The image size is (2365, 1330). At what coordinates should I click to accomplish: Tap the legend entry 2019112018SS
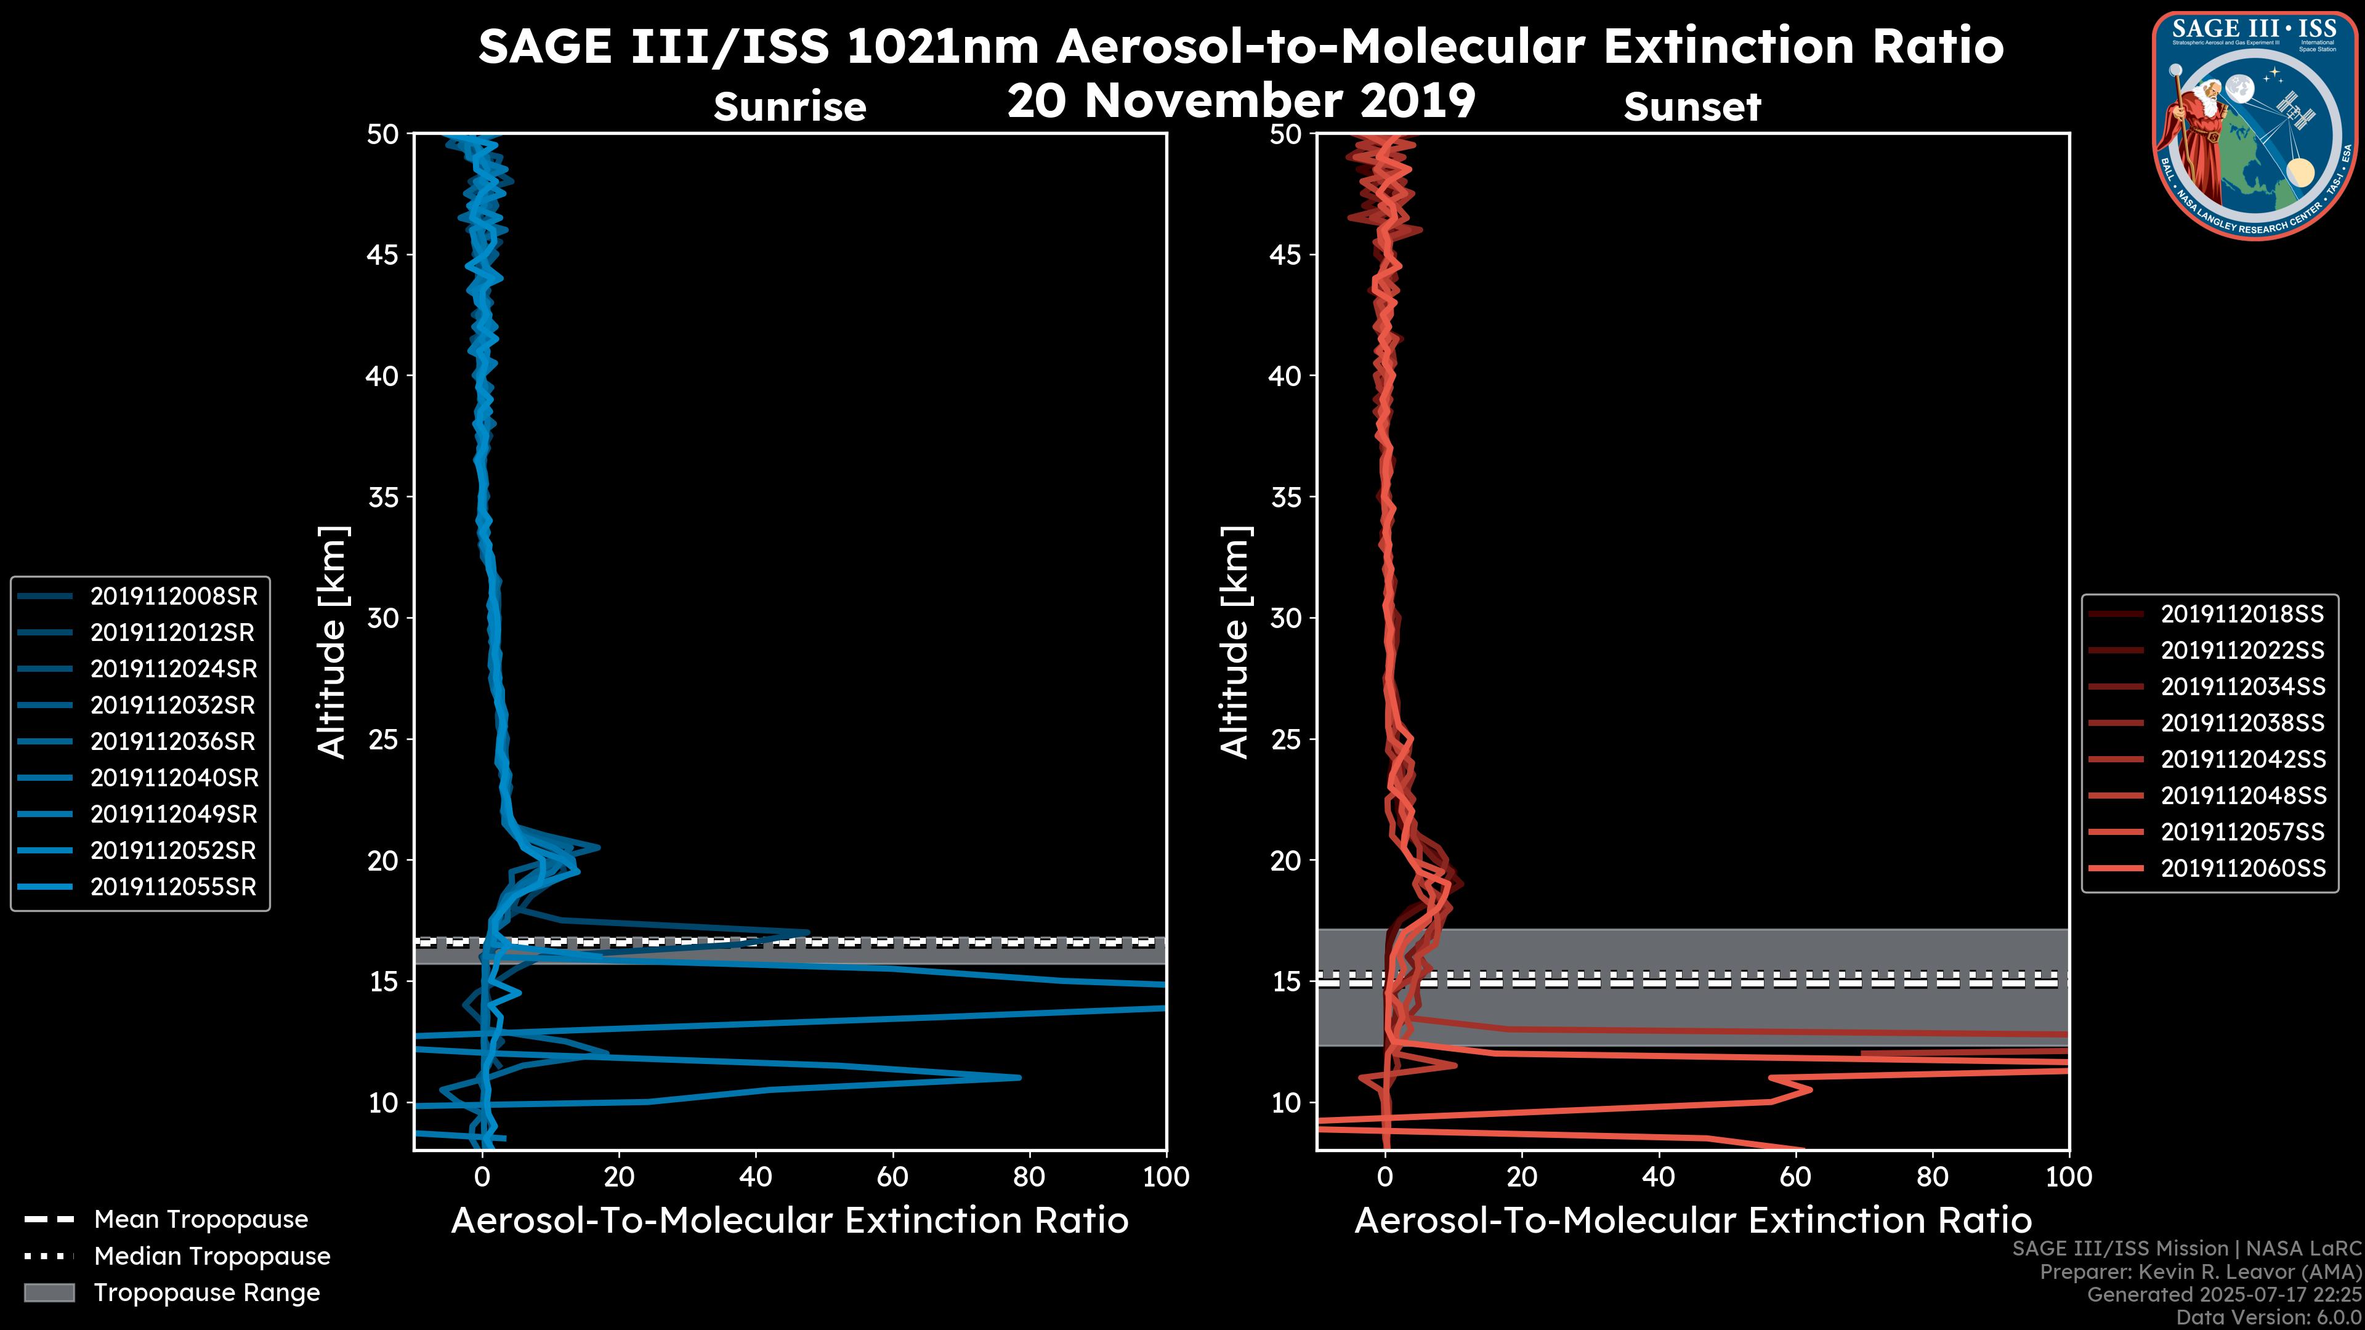(x=2242, y=614)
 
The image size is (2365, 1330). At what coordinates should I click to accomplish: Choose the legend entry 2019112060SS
(x=2242, y=868)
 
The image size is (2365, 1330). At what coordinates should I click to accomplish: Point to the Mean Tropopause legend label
(x=201, y=1220)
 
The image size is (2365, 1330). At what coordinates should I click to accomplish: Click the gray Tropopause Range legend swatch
(x=49, y=1293)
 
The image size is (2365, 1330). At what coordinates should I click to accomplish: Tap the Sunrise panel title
(x=790, y=107)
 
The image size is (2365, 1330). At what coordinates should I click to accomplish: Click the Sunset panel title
(x=1692, y=107)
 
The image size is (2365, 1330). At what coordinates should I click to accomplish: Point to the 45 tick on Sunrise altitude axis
(x=384, y=255)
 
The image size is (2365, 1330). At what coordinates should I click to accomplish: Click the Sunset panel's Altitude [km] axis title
(x=1235, y=642)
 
